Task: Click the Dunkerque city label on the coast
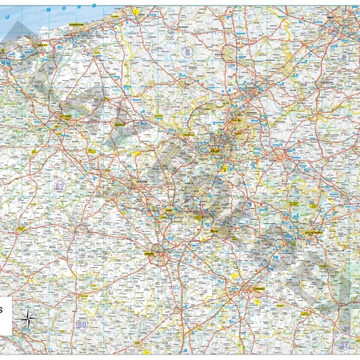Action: tap(78, 25)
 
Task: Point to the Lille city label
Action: tap(214, 148)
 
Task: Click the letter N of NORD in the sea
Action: tap(49, 8)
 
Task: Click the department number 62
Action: tap(59, 186)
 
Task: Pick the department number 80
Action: tap(81, 325)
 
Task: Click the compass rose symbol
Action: tap(26, 320)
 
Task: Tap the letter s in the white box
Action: tap(2, 308)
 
